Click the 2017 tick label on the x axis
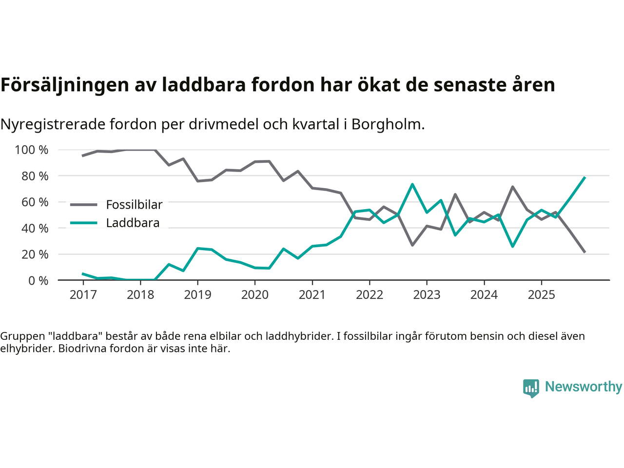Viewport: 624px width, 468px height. [x=83, y=295]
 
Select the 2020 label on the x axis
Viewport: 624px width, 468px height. [x=255, y=295]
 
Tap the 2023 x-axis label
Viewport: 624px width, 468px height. [x=427, y=295]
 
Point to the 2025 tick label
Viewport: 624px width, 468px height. [x=541, y=295]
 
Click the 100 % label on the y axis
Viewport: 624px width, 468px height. [x=32, y=150]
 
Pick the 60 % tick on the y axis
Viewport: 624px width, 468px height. [x=35, y=202]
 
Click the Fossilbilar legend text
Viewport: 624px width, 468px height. [x=134, y=205]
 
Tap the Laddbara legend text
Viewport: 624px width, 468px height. [x=133, y=223]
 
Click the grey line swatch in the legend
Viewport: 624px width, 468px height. [x=84, y=205]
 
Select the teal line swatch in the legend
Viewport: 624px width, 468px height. [x=84, y=223]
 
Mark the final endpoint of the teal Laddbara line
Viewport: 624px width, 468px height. [x=585, y=177]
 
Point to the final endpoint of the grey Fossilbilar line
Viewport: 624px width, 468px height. [x=585, y=252]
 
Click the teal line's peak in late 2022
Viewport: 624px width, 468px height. [x=412, y=184]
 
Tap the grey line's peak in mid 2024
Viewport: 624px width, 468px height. [x=513, y=187]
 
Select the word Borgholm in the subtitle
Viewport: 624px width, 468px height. [x=388, y=124]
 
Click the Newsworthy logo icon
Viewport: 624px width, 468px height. [x=531, y=388]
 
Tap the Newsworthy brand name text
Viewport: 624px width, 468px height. [x=583, y=387]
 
